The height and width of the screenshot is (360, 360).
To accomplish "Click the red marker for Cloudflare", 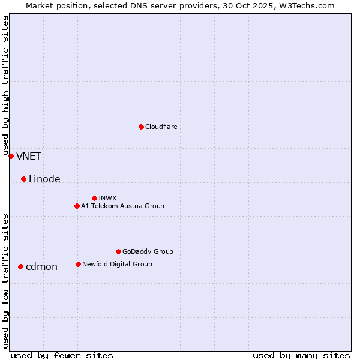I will [x=141, y=127].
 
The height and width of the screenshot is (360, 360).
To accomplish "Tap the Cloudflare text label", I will [x=161, y=127].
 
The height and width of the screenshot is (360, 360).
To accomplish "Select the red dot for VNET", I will [x=11, y=156].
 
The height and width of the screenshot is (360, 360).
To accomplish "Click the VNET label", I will [x=29, y=157].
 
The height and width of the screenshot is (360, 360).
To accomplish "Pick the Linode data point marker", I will [x=23, y=179].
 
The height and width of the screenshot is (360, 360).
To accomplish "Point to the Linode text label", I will [x=44, y=179].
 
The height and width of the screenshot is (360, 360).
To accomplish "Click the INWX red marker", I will [x=94, y=198].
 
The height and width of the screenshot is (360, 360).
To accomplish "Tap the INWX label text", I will [x=107, y=198].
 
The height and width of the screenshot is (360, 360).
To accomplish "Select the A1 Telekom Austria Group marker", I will [x=77, y=206].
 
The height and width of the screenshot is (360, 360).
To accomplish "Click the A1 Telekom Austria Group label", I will [x=122, y=206].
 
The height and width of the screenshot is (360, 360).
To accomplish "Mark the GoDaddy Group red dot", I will [x=118, y=251].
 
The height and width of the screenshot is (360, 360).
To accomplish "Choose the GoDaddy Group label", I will [x=148, y=251].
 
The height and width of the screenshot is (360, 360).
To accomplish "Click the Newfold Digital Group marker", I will [x=78, y=264].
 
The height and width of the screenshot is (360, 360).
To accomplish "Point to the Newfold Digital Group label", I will [x=117, y=264].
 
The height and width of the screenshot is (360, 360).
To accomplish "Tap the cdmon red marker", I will [x=20, y=266].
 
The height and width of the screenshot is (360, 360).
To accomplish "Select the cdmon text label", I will [x=41, y=267].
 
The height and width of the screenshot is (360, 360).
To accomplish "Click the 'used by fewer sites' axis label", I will [x=62, y=355].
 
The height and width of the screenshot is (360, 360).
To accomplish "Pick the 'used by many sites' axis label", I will [x=301, y=355].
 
